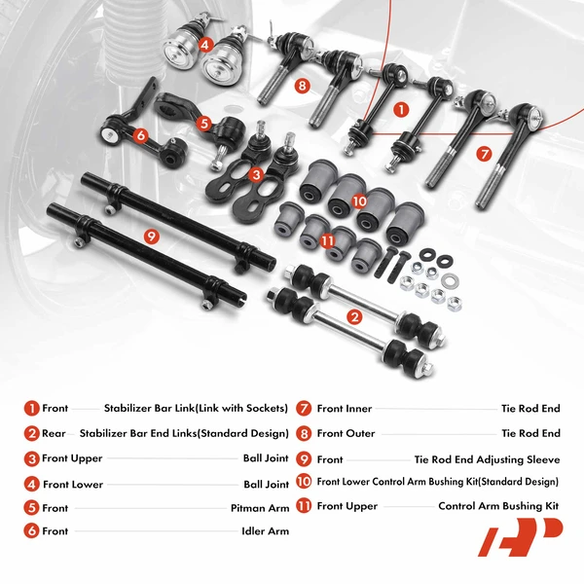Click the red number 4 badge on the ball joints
205,44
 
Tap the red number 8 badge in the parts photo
303,86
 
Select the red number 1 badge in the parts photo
401,110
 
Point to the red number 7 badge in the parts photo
484,154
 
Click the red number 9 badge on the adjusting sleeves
150,236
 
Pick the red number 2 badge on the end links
354,316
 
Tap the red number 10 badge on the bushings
359,201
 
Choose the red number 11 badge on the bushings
328,240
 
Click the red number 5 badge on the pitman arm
203,123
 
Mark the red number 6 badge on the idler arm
140,137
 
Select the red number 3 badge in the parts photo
256,175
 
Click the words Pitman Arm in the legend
259,507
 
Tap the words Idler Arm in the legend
265,531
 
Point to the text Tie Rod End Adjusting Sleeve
487,458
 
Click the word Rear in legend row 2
55,433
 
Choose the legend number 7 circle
304,409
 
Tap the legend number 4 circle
32,483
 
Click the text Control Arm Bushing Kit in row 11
499,507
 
